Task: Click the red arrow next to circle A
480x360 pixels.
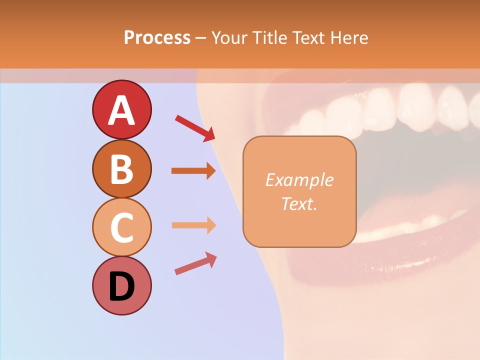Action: pos(195,128)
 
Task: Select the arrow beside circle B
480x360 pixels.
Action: pos(193,171)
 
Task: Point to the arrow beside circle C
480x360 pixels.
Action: pos(193,225)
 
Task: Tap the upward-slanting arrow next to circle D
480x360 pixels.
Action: pos(195,263)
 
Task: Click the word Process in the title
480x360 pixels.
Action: pos(157,38)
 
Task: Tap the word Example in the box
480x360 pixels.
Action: pos(299,180)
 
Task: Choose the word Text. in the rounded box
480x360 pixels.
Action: pos(299,203)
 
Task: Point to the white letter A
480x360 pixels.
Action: pos(121,110)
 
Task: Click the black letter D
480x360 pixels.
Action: pos(121,286)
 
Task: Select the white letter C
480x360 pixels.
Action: pos(121,227)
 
